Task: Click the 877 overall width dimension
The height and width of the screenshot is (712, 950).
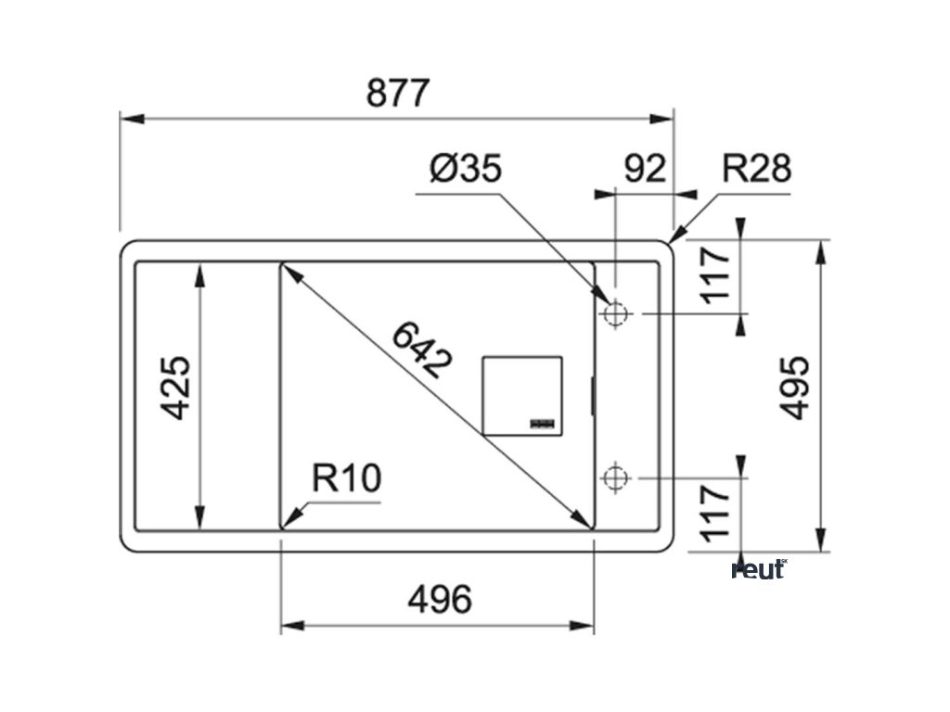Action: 398,94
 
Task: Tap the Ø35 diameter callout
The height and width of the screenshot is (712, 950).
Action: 466,169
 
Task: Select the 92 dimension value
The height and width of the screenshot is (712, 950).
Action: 645,169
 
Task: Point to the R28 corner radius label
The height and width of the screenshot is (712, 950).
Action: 756,169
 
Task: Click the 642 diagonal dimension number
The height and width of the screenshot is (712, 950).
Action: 421,350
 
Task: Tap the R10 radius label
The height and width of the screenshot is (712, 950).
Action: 346,479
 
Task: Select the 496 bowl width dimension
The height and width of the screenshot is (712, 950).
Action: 439,600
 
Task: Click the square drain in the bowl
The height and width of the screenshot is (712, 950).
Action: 521,395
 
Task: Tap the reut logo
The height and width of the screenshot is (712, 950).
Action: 759,569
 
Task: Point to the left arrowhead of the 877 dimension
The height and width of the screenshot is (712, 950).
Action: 131,119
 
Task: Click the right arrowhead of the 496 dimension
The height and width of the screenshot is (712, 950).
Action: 584,626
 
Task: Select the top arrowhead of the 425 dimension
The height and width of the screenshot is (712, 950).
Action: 199,273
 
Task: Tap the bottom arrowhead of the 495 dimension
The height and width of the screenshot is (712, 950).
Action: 821,540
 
